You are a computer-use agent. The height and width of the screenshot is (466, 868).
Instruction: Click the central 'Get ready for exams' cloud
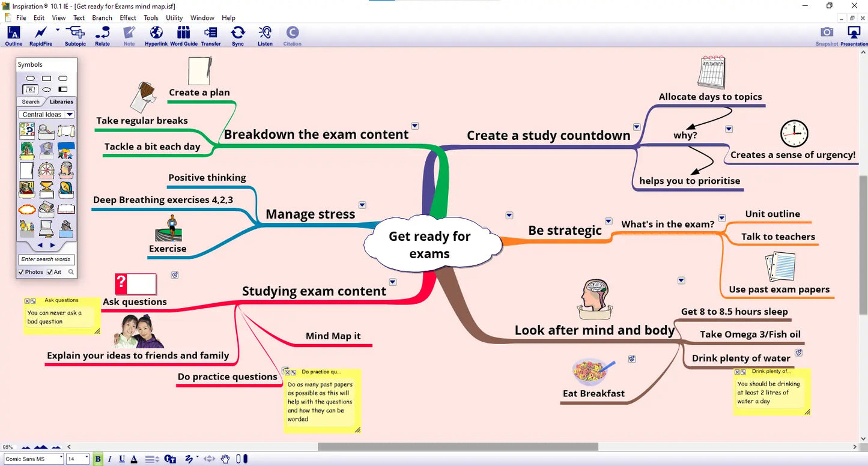[x=432, y=243]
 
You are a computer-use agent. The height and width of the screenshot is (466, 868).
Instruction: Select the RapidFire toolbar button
[x=41, y=36]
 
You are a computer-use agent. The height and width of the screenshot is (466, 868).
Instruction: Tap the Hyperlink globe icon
[x=156, y=32]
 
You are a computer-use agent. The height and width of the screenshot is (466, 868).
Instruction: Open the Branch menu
[x=102, y=18]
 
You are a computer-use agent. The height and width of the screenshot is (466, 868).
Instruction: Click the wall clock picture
[x=794, y=133]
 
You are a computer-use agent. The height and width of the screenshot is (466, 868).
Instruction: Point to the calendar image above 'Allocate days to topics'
[x=712, y=73]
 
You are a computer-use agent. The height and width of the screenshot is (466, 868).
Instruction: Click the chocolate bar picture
[x=143, y=97]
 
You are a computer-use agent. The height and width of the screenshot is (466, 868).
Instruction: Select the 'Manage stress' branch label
[x=311, y=214]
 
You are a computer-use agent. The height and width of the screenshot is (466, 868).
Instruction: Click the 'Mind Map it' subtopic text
[x=333, y=336]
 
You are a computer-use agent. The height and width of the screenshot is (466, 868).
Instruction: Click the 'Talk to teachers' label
[x=778, y=237]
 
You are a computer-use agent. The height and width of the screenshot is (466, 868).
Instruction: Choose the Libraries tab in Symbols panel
[x=61, y=101]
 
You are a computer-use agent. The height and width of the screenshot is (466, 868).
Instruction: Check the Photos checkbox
[x=21, y=272]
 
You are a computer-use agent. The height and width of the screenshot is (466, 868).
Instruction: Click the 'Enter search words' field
[x=46, y=259]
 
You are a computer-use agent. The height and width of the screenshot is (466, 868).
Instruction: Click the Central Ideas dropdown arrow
[x=69, y=114]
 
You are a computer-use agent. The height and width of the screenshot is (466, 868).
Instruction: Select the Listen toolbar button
[x=265, y=36]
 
